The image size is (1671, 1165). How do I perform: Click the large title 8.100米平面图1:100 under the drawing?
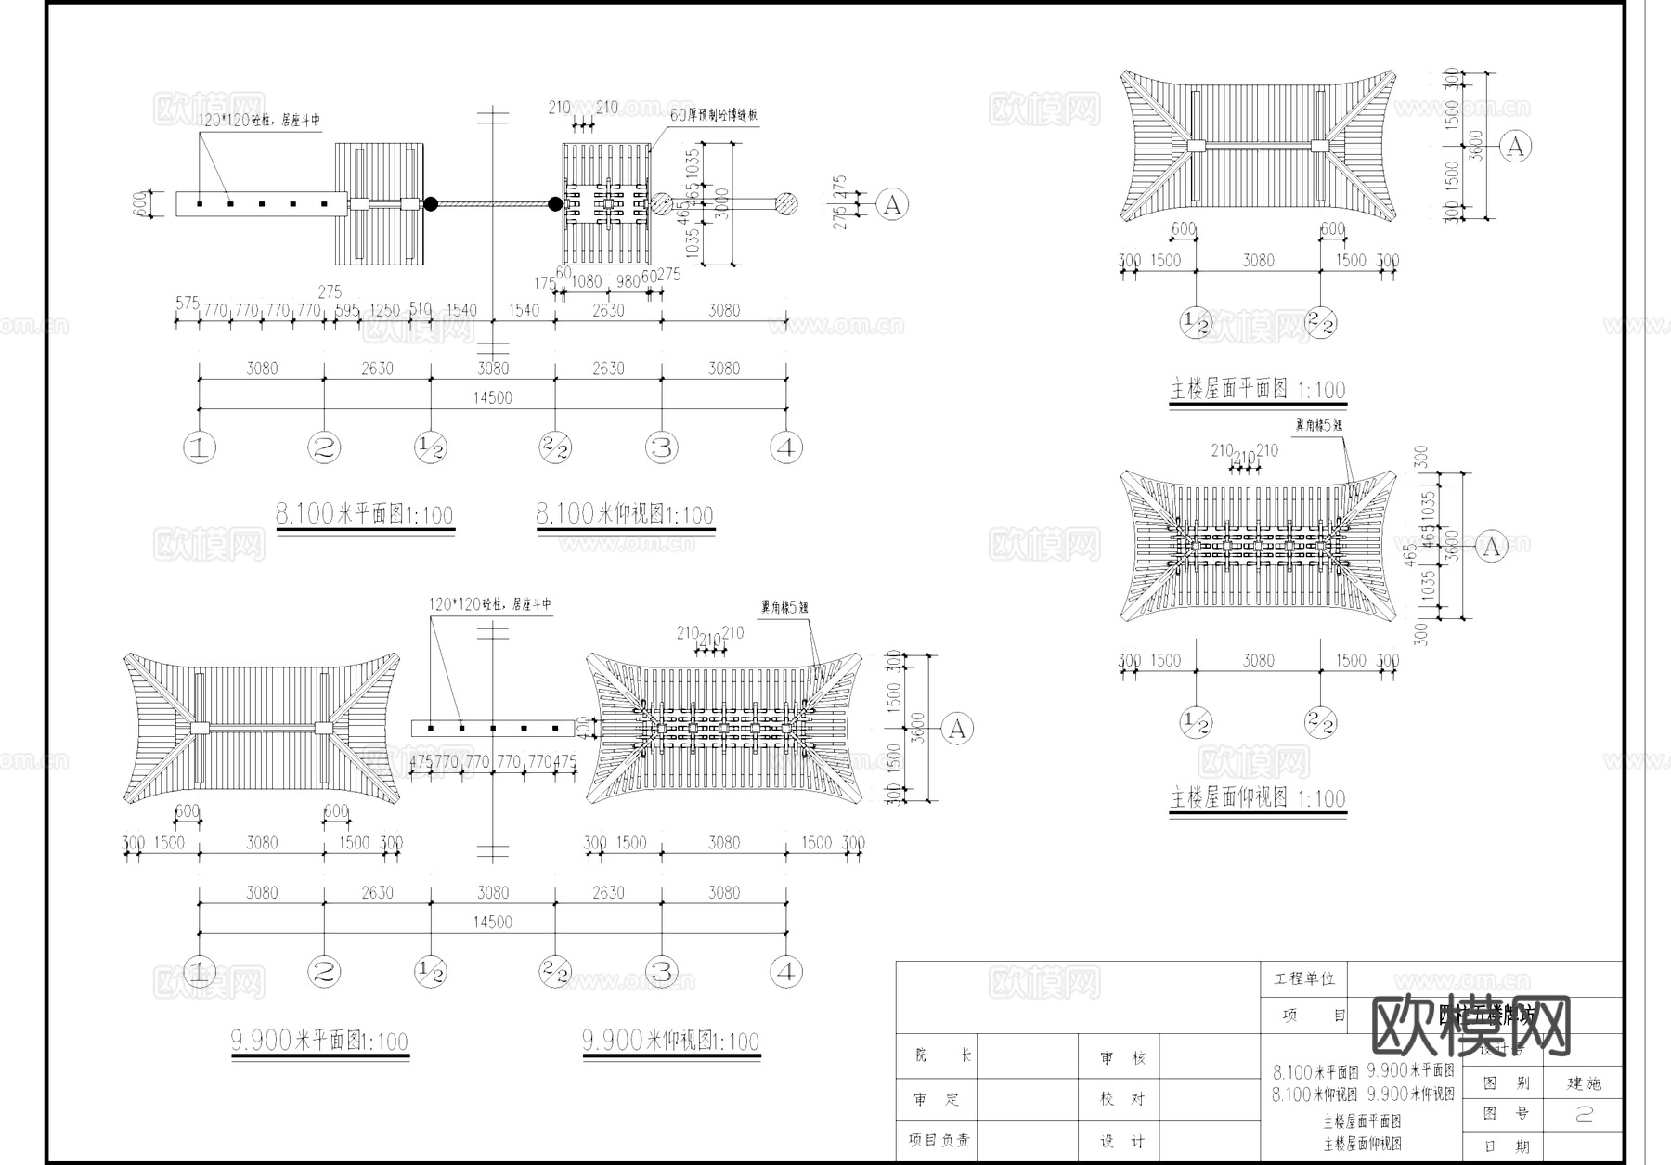point(364,513)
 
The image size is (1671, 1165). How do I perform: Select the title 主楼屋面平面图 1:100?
point(1257,389)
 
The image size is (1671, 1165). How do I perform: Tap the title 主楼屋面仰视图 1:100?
point(1257,797)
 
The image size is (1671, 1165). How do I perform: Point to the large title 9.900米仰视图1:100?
point(670,1041)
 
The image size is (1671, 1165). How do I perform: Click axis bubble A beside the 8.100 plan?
point(892,204)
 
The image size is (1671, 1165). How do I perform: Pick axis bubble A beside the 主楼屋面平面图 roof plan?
point(1516,147)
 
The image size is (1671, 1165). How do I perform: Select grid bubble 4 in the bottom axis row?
point(786,973)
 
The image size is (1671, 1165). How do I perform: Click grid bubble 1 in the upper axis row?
point(200,448)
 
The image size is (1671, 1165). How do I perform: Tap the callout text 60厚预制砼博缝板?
point(714,115)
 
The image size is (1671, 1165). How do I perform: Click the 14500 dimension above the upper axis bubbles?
point(492,397)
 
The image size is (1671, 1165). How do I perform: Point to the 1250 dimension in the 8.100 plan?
point(384,310)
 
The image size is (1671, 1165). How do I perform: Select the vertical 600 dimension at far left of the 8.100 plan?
point(140,203)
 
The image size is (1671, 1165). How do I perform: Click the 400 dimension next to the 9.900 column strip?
point(582,728)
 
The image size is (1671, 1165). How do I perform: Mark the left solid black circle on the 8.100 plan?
point(431,204)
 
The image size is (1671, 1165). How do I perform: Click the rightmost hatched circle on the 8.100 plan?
point(786,204)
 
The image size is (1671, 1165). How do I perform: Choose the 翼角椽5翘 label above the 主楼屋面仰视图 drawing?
point(1318,424)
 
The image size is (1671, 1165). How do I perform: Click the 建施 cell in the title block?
point(1584,1083)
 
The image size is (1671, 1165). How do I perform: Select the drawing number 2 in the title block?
point(1584,1115)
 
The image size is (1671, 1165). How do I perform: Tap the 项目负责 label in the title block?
point(939,1140)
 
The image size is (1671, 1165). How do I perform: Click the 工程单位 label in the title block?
point(1303,978)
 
